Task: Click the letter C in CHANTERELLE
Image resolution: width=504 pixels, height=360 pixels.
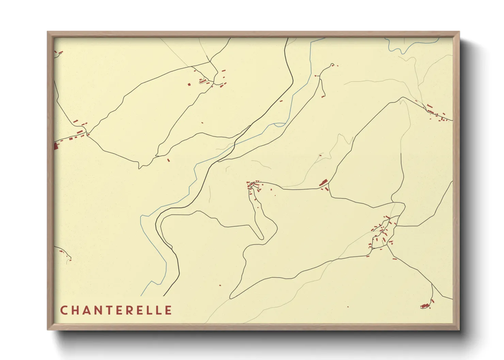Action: [64, 310]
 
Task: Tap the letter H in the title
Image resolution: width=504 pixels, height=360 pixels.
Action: [76, 310]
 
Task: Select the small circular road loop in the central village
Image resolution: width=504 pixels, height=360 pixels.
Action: [252, 185]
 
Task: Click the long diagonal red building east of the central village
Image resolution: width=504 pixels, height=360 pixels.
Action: [324, 182]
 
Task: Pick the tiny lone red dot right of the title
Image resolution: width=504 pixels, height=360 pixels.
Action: [348, 307]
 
